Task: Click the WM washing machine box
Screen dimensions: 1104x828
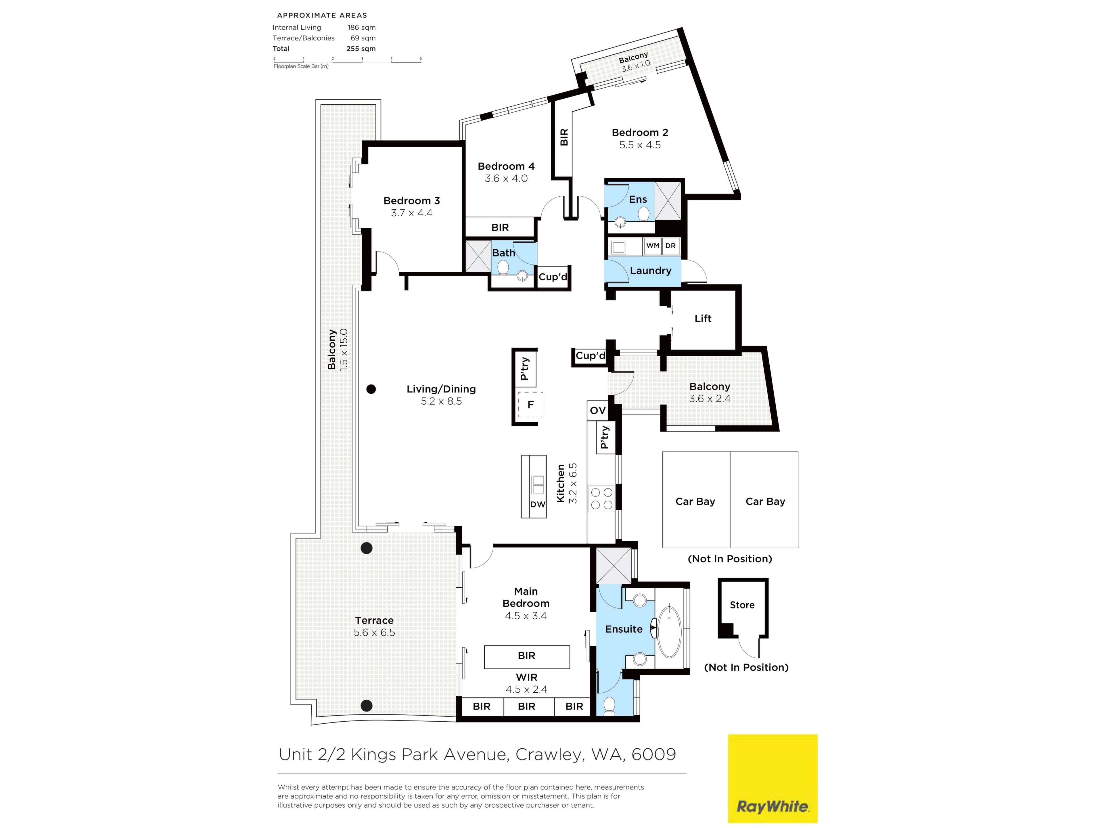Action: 653,246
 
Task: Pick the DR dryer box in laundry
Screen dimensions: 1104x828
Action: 670,246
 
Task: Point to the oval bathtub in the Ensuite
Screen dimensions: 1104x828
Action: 669,632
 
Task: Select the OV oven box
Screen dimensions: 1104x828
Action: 597,410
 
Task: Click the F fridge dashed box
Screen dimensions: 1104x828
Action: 530,404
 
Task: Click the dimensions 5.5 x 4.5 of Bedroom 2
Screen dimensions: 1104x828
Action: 640,145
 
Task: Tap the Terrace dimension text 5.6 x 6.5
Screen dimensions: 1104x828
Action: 374,632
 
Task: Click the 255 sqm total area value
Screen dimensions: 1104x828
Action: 361,48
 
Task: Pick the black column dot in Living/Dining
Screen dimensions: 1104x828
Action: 371,389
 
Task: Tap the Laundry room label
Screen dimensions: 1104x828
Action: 650,271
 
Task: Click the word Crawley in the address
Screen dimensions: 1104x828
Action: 549,754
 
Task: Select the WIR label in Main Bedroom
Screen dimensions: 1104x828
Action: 526,677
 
